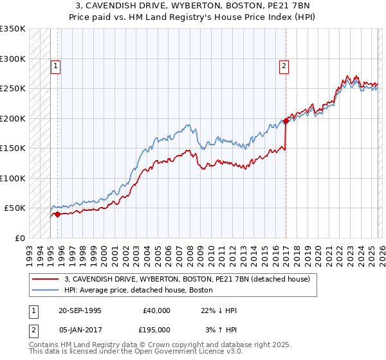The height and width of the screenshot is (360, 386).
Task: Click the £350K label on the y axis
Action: click(x=13, y=29)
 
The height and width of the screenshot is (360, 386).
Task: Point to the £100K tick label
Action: click(x=13, y=178)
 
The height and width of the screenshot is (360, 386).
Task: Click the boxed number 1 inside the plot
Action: click(x=56, y=65)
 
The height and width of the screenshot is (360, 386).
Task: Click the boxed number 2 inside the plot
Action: click(x=283, y=65)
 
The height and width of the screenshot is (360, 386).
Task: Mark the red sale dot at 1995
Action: click(x=57, y=214)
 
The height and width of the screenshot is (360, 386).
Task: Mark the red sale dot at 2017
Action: click(x=285, y=121)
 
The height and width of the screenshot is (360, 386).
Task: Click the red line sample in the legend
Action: click(x=46, y=279)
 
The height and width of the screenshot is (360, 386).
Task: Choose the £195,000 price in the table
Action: click(x=157, y=330)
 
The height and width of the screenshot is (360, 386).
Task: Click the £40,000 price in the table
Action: click(x=157, y=310)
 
